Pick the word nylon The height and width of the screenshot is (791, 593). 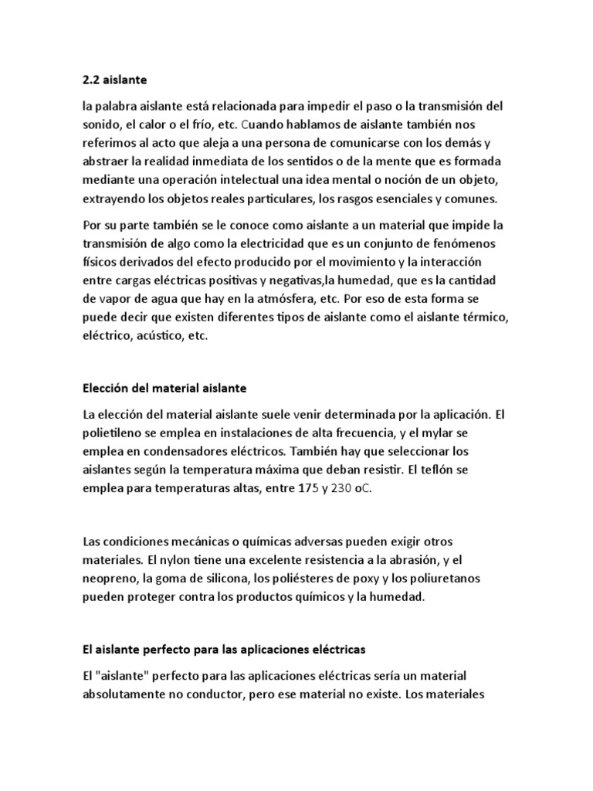[178, 560]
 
